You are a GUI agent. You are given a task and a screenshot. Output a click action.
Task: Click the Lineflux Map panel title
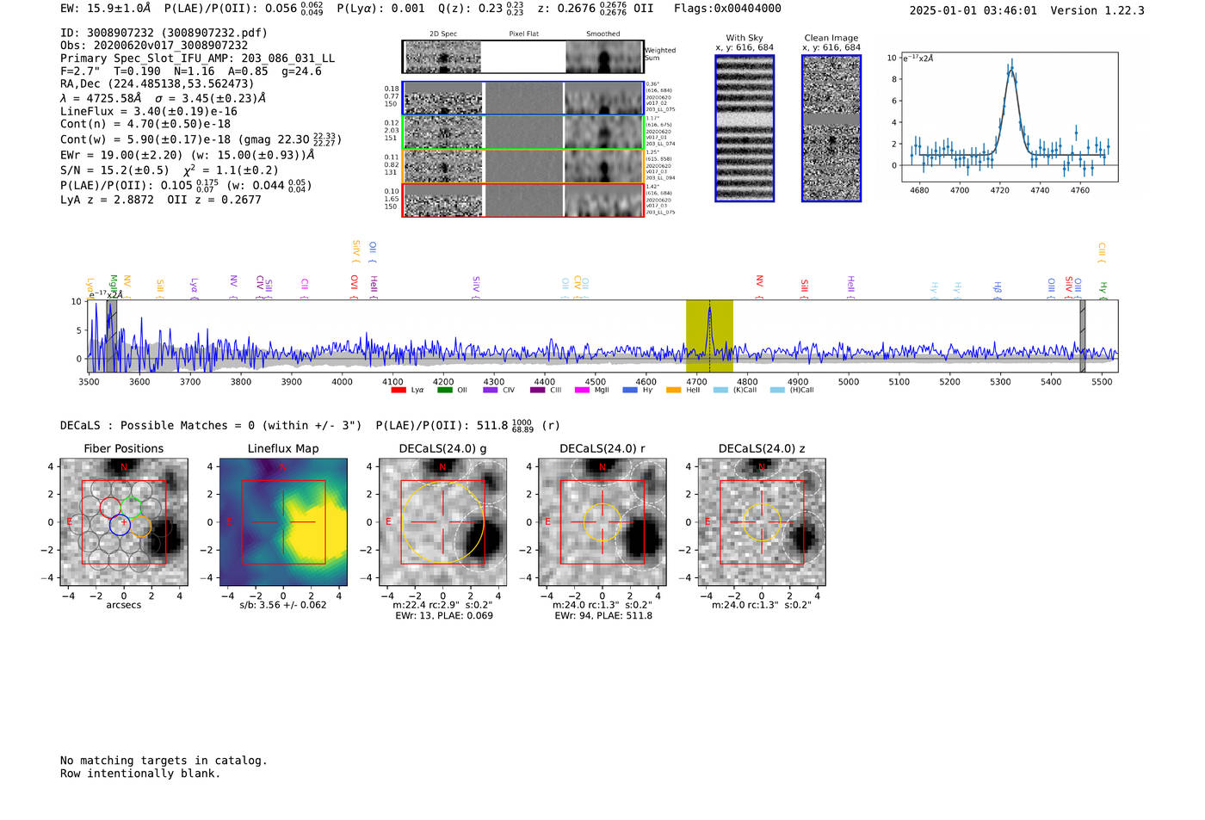282,448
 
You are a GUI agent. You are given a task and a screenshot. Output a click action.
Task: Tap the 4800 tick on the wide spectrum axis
747,381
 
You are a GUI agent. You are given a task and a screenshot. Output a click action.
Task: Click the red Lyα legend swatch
399,390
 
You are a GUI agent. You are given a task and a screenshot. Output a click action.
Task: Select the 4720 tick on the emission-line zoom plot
999,190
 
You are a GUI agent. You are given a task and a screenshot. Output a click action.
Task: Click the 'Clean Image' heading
831,38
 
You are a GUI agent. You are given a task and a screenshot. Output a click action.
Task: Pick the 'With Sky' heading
744,38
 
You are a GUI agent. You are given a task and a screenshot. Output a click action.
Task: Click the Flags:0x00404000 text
727,9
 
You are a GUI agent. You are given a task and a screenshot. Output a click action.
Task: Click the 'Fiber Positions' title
123,448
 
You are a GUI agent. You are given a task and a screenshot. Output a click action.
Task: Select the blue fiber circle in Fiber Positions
120,525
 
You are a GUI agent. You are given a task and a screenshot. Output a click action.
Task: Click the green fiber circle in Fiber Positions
132,507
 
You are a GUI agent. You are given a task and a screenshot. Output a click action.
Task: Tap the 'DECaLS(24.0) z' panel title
761,448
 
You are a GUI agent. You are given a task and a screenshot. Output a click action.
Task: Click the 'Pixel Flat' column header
523,34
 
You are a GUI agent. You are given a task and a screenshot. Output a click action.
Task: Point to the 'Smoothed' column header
602,34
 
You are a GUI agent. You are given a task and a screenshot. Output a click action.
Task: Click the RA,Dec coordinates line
157,83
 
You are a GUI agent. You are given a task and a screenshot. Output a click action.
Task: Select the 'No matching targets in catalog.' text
164,760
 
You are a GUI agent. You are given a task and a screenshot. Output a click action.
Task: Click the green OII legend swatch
444,390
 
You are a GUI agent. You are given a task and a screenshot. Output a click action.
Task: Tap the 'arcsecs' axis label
123,605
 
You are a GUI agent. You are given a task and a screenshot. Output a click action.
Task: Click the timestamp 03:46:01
1004,10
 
